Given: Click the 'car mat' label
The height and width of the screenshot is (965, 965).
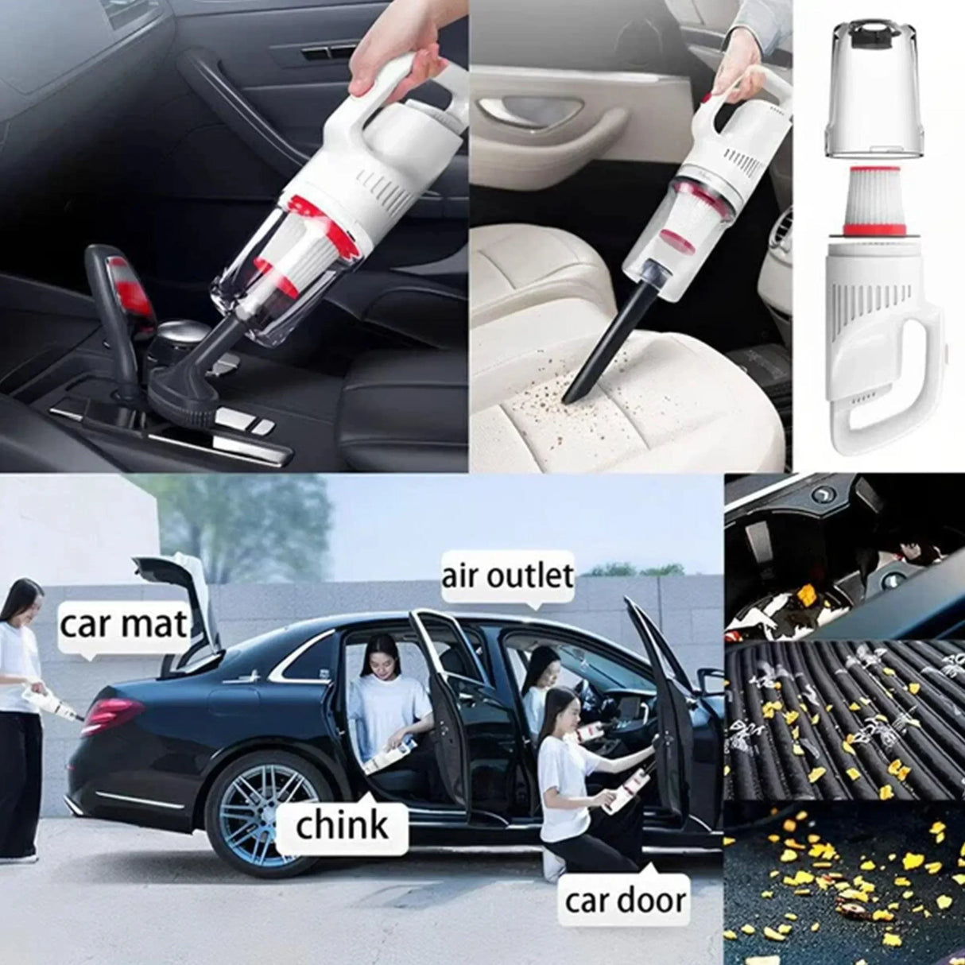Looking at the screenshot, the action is (122, 626).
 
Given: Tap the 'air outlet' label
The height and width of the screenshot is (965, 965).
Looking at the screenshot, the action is (507, 576).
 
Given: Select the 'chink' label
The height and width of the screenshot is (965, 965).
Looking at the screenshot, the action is (342, 825).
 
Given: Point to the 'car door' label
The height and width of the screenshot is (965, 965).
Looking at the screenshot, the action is (625, 887).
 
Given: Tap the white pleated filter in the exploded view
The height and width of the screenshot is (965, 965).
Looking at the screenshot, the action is (874, 199).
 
